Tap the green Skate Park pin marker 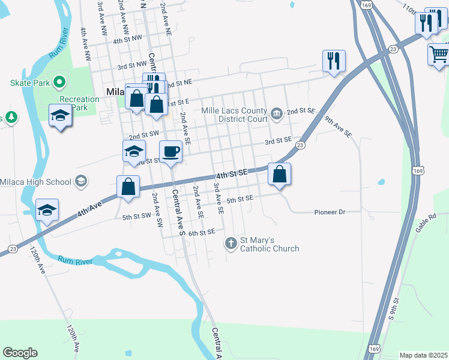click(59, 82)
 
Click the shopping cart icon click(438, 54)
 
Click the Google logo click(20, 353)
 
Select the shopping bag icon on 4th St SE click(279, 174)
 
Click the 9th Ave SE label click(337, 128)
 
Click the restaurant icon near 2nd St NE click(334, 60)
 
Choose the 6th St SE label click(201, 232)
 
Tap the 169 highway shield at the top click(366, 5)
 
